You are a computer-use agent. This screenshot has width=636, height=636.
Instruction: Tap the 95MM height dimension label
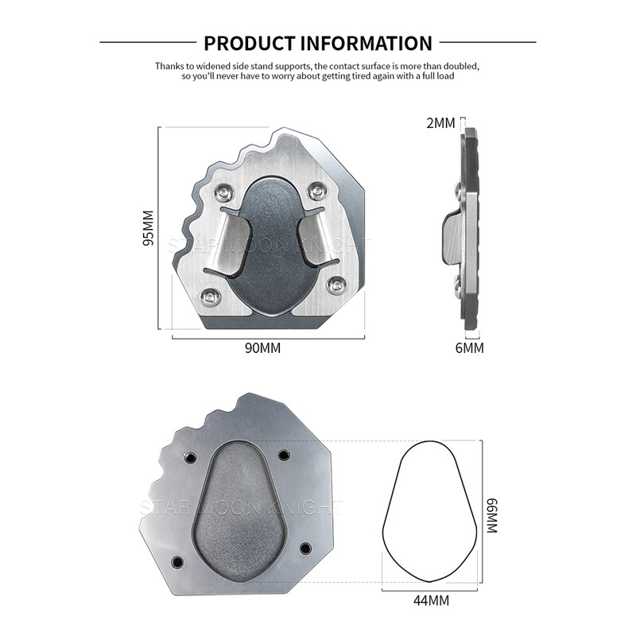point(148,229)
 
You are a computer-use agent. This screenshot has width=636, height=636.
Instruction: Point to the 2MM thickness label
point(440,123)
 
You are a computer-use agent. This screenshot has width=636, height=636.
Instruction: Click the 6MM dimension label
point(469,348)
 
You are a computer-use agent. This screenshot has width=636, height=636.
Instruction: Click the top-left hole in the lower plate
point(189,458)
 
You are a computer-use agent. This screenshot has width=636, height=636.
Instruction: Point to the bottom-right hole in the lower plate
point(305,548)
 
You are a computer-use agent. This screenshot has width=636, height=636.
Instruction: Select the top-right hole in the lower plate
point(284,456)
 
